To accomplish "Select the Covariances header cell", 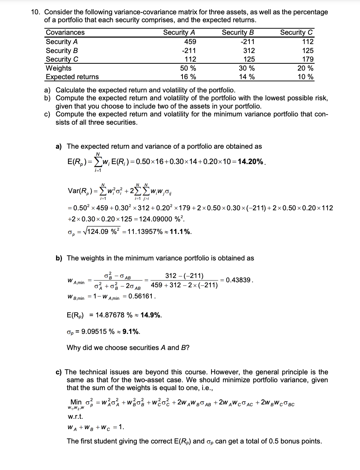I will (x=65, y=33).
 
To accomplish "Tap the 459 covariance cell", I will (x=190, y=42).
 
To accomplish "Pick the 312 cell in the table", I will (x=249, y=51).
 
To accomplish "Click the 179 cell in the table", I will (x=307, y=59).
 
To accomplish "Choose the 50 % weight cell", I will (x=188, y=68).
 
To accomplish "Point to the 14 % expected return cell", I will (x=247, y=77).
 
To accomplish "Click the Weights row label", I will (x=59, y=68).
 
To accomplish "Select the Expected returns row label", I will (x=72, y=77).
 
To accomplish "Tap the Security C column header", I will (x=296, y=33).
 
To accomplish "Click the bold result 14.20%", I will (x=250, y=162).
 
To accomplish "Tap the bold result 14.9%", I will (x=151, y=315).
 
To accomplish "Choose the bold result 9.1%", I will (x=131, y=332).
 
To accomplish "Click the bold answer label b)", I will (x=59, y=258).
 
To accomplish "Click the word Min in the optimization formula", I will (x=76, y=402).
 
